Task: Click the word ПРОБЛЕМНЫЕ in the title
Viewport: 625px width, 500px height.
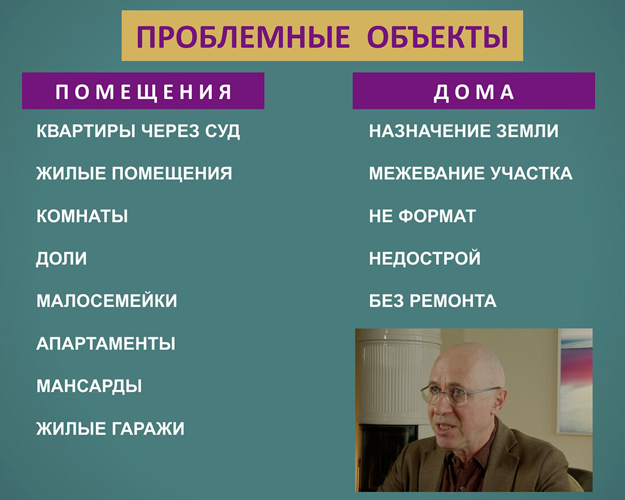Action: click(243, 36)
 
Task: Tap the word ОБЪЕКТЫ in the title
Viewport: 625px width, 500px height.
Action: click(437, 36)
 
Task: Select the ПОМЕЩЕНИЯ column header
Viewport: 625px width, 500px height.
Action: click(143, 91)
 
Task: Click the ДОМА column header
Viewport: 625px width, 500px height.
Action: click(473, 91)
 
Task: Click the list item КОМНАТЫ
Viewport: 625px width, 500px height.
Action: click(82, 216)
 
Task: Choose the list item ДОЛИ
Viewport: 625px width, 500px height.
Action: click(61, 258)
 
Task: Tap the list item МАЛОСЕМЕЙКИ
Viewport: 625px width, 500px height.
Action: click(107, 301)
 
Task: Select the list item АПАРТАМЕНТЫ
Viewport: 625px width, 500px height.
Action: click(106, 343)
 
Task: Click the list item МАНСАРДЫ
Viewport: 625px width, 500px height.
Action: click(89, 386)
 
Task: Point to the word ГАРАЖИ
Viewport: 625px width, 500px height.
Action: click(148, 429)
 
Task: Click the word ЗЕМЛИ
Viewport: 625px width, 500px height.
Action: click(527, 131)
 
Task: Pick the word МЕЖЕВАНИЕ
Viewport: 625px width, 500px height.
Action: click(427, 174)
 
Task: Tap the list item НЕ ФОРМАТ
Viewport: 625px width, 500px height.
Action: click(422, 216)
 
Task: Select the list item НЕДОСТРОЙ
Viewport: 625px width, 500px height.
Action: click(425, 258)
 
